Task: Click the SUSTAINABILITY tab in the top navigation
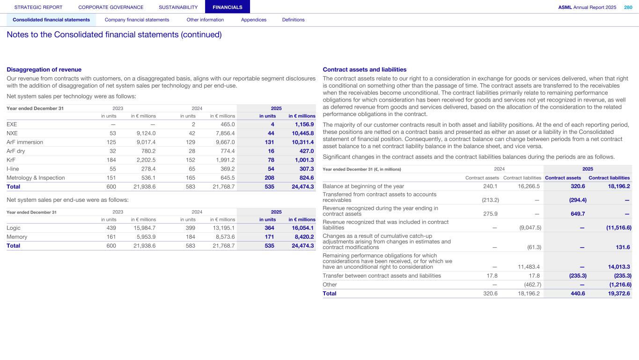pyautogui.click(x=178, y=7)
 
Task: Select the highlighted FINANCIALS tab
pyautogui.click(x=227, y=7)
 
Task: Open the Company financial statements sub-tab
pyautogui.click(x=137, y=20)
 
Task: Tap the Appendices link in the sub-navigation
pyautogui.click(x=253, y=20)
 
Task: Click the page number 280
pyautogui.click(x=628, y=7)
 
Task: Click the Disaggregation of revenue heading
pyautogui.click(x=44, y=70)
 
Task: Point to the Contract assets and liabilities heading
pyautogui.click(x=365, y=70)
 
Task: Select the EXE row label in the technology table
pyautogui.click(x=12, y=125)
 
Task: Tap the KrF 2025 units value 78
pyautogui.click(x=271, y=160)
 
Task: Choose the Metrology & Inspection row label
pyautogui.click(x=36, y=178)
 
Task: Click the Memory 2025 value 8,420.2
pyautogui.click(x=302, y=237)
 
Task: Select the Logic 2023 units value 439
pyautogui.click(x=111, y=228)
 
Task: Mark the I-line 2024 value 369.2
pyautogui.click(x=225, y=169)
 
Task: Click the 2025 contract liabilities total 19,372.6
pyautogui.click(x=616, y=294)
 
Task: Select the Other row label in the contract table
pyautogui.click(x=330, y=285)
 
